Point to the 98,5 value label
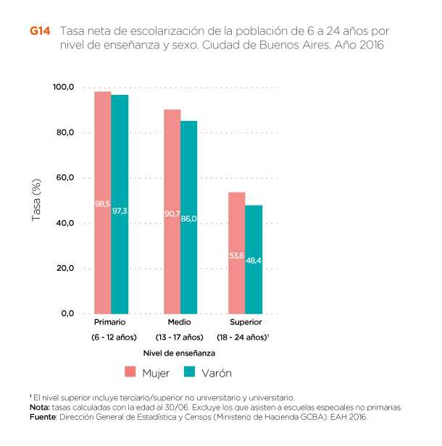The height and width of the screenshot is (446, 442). (x=103, y=203)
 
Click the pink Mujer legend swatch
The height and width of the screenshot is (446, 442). (x=130, y=372)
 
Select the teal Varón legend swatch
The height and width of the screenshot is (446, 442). (x=190, y=372)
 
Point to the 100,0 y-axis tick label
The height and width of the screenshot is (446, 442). (x=64, y=88)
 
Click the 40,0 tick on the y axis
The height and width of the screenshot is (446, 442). (x=65, y=223)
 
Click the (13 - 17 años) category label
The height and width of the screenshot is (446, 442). (x=179, y=337)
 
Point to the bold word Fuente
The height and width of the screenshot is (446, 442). (x=43, y=417)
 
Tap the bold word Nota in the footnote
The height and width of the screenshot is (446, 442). (x=41, y=408)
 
